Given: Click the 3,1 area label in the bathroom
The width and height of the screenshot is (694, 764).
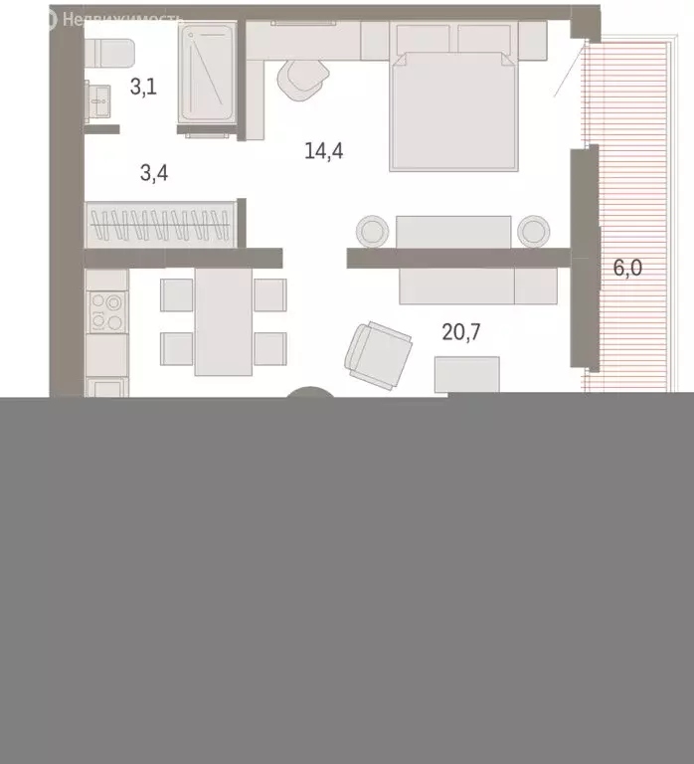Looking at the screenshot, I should pyautogui.click(x=143, y=87).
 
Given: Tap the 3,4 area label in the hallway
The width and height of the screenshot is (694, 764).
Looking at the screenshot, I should pyautogui.click(x=154, y=174).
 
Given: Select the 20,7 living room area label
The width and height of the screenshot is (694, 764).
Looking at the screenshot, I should pyautogui.click(x=461, y=332).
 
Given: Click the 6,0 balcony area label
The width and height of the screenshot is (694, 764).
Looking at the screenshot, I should pyautogui.click(x=627, y=270).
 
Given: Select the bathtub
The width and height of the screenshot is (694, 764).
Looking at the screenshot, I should pyautogui.click(x=207, y=75).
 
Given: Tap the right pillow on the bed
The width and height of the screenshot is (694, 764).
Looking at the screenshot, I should pyautogui.click(x=486, y=41).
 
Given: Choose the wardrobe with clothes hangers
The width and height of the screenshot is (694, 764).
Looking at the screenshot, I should pyautogui.click(x=161, y=225).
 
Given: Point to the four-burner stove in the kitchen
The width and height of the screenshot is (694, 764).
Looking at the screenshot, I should pyautogui.click(x=106, y=312).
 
